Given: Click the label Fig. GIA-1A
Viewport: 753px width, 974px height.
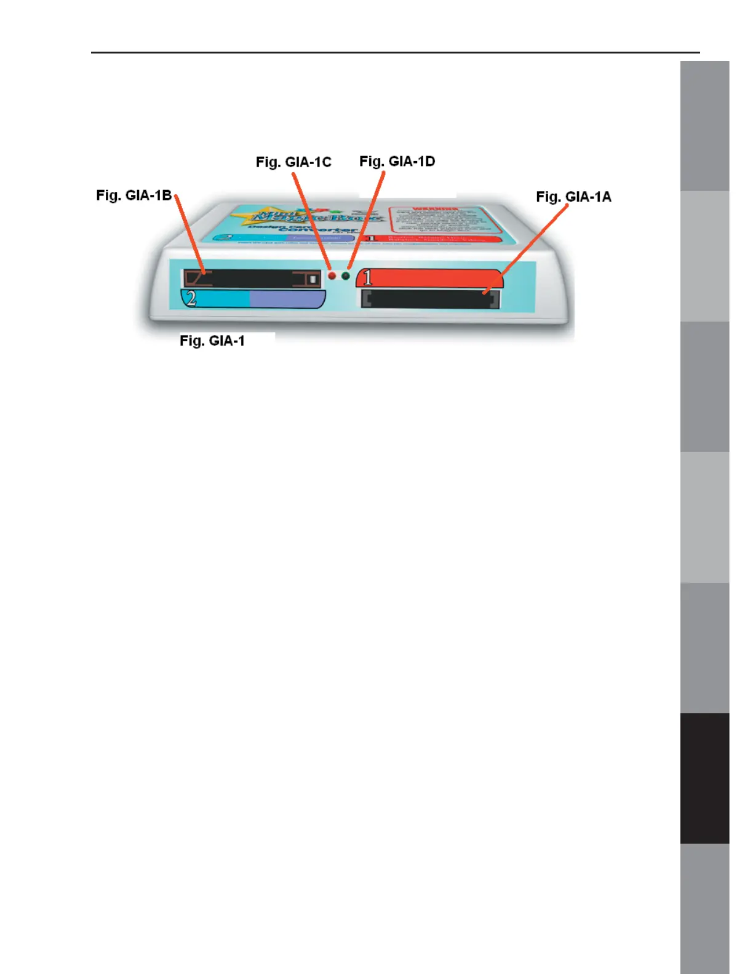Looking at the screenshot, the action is [x=573, y=197].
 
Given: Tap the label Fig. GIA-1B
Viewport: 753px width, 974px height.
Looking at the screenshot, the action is [x=133, y=196].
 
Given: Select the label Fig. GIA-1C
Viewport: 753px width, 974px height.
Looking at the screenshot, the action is [x=293, y=162].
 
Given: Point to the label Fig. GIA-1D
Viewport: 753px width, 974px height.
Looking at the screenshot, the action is [x=397, y=162].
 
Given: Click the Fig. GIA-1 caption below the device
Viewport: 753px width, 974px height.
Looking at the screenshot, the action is [x=212, y=341].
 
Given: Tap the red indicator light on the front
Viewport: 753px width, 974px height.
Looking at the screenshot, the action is [x=332, y=276].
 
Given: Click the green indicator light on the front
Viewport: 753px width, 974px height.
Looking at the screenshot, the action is [x=346, y=276].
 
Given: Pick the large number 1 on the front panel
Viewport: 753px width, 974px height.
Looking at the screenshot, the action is [x=368, y=278].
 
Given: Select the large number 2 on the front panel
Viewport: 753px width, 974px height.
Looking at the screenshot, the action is [x=191, y=299].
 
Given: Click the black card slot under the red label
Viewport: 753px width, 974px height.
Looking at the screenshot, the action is [x=430, y=299].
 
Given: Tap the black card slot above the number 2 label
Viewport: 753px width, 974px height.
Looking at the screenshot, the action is [x=252, y=279].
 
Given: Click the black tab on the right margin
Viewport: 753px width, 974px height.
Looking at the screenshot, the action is [x=704, y=778].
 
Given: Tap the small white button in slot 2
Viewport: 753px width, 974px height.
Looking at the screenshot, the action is [x=313, y=279].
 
